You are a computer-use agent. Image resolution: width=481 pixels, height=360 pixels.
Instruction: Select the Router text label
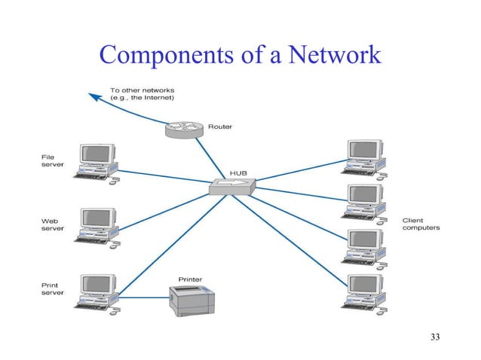point(220,127)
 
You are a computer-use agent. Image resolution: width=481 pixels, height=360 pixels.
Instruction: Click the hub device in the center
point(233,186)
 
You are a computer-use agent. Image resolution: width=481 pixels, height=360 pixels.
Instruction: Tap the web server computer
point(97,224)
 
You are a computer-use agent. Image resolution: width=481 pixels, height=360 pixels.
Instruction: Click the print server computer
point(97,290)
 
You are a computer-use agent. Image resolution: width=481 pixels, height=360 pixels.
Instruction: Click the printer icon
point(195,301)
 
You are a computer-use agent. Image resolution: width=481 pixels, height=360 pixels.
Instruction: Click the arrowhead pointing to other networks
point(92,96)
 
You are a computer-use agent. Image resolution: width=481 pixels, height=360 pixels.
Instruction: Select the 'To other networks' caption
point(141,95)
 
